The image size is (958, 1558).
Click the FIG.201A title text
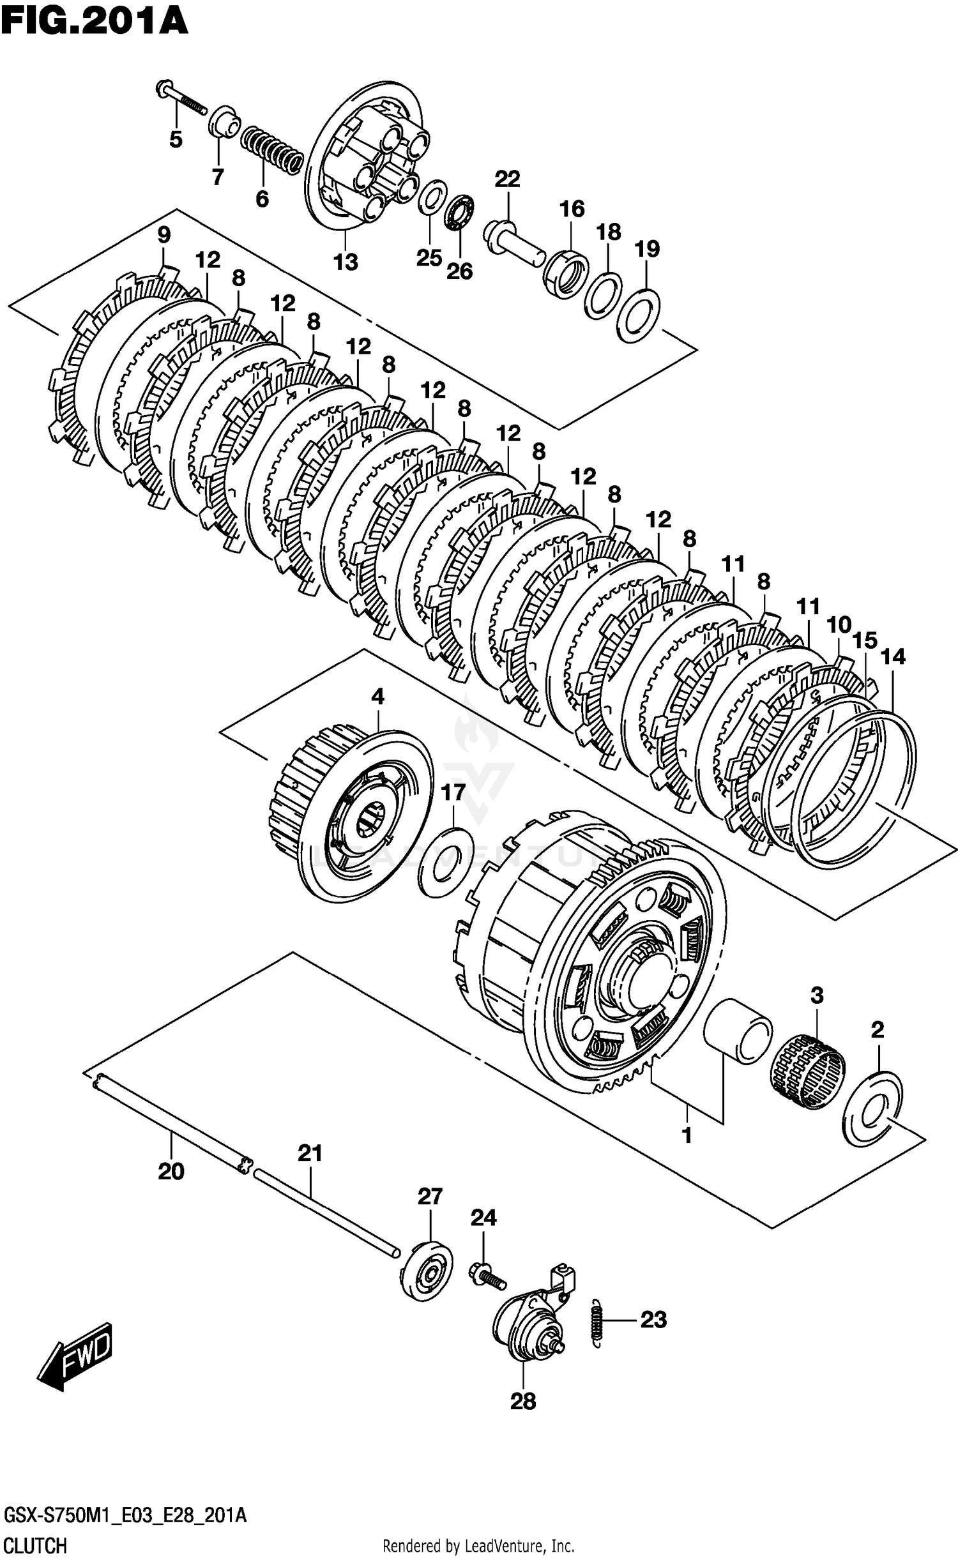click(x=95, y=21)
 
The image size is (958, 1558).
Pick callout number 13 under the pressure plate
click(x=346, y=262)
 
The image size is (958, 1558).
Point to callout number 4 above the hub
click(x=377, y=697)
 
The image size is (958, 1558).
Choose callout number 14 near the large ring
click(x=893, y=656)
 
